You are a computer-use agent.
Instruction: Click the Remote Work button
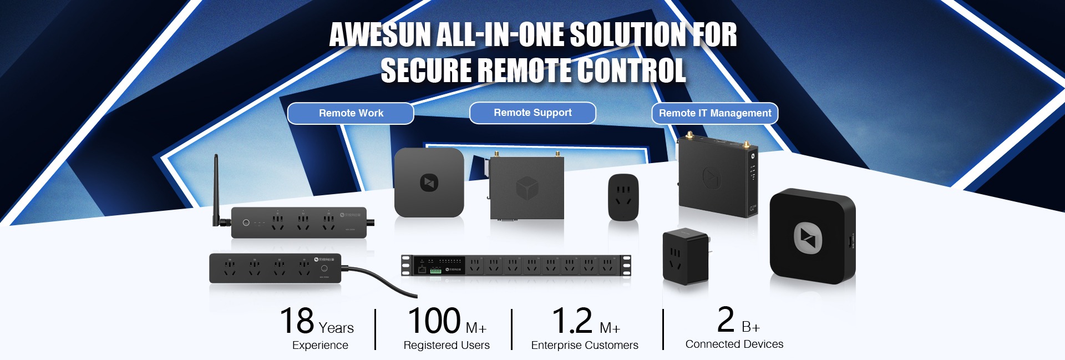click(x=351, y=113)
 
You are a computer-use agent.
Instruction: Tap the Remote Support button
click(x=532, y=113)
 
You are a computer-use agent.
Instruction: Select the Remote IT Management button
click(x=714, y=113)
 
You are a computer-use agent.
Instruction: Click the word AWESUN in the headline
click(x=380, y=35)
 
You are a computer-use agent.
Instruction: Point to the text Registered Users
click(x=447, y=345)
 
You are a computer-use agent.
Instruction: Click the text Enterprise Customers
click(x=585, y=345)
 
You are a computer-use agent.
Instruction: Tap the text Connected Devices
click(x=734, y=344)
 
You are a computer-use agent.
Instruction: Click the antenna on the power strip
click(x=216, y=189)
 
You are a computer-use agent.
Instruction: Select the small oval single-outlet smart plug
click(x=623, y=197)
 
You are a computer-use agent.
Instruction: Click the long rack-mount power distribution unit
click(x=516, y=265)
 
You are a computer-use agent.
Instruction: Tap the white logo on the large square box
click(x=808, y=238)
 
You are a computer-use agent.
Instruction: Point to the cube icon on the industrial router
click(x=527, y=188)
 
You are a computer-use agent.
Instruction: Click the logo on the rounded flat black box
click(x=429, y=182)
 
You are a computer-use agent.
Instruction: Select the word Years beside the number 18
click(x=336, y=328)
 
